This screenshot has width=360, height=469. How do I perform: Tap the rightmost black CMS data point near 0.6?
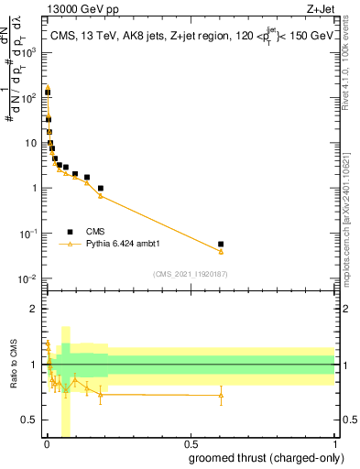221,245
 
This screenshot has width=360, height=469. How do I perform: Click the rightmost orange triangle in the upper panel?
221,252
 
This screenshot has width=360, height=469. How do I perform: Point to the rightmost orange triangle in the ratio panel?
221,396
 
